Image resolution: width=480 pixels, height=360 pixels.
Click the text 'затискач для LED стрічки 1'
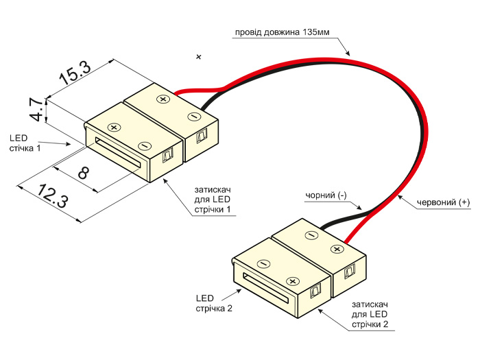(x=211, y=199)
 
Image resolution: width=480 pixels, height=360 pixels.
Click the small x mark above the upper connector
(x=199, y=56)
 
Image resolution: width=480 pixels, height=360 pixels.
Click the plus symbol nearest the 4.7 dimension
(x=115, y=127)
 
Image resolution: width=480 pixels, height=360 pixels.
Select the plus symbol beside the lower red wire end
(x=336, y=248)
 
